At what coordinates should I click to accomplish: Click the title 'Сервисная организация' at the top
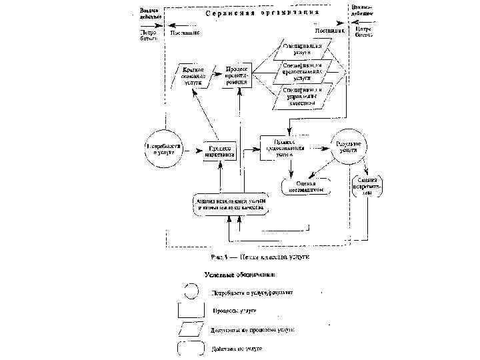(262, 12)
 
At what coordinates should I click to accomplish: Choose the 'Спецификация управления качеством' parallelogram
(302, 95)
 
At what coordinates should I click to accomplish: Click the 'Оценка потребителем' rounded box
(368, 186)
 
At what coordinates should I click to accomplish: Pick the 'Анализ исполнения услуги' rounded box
(230, 204)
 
